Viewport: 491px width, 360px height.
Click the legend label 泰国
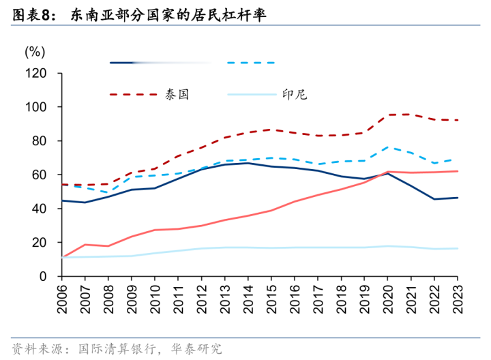click(x=176, y=95)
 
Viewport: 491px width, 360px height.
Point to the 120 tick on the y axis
click(x=34, y=73)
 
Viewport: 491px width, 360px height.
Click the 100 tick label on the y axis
click(x=34, y=107)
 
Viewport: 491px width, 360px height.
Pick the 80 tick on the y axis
click(x=38, y=141)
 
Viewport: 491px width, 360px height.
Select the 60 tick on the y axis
click(x=38, y=175)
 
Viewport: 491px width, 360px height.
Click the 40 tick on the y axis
click(x=38, y=209)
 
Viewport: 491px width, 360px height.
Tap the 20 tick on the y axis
click(x=38, y=243)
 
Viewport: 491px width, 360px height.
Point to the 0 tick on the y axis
click(x=41, y=276)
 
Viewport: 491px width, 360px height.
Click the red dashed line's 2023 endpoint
click(x=457, y=120)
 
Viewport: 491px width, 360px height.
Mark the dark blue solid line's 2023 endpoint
click(x=457, y=198)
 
